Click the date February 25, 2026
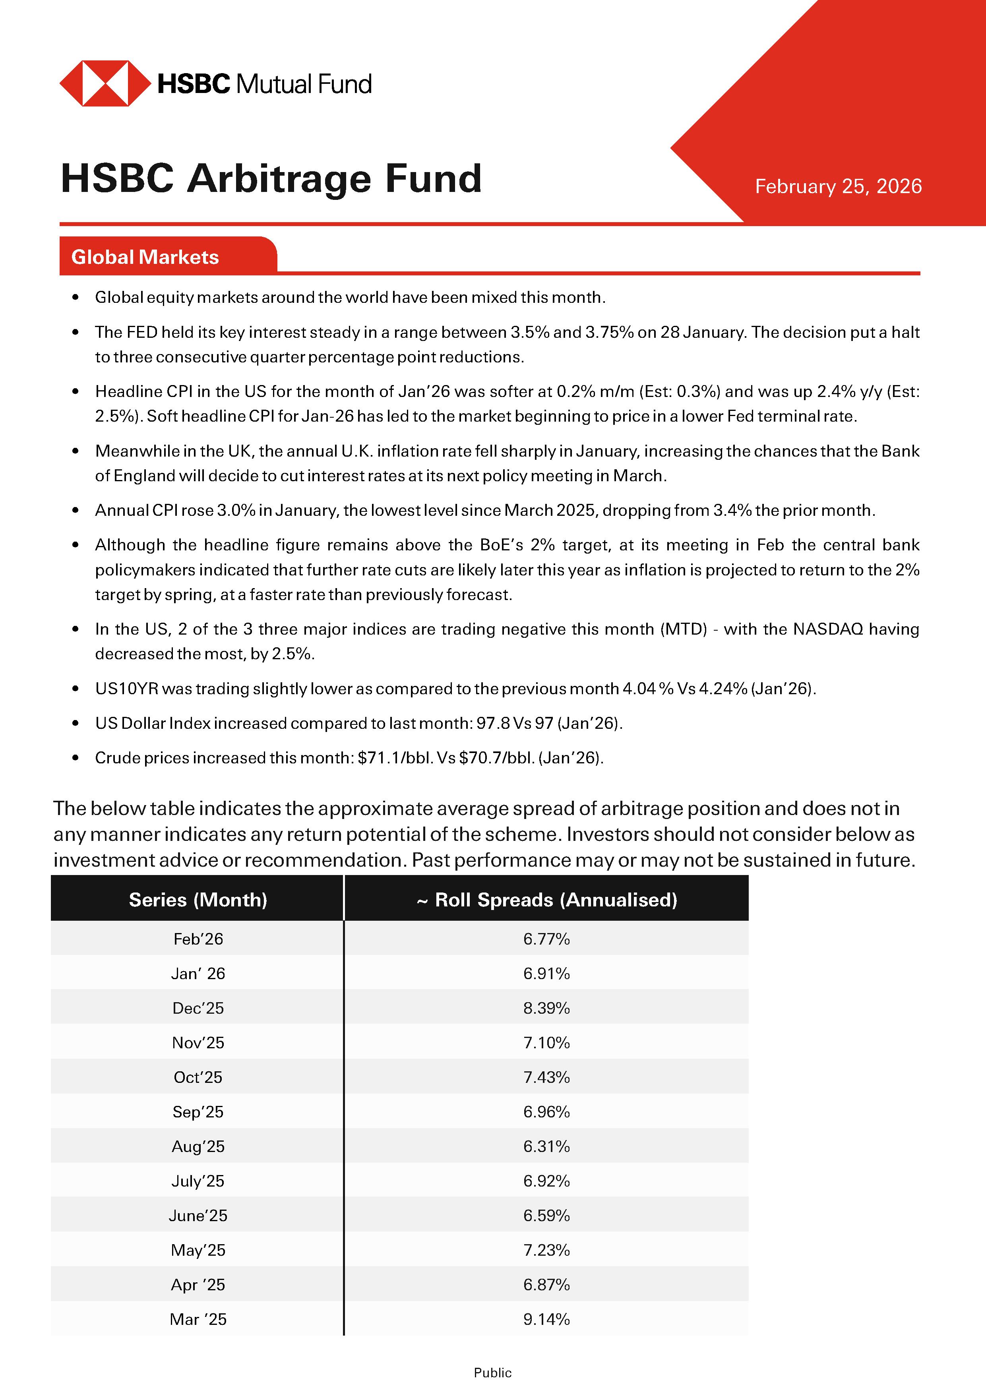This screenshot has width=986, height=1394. [x=838, y=186]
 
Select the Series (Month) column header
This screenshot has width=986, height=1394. [x=198, y=900]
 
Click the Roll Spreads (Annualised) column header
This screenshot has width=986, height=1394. [x=546, y=900]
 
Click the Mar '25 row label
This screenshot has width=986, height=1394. [x=198, y=1319]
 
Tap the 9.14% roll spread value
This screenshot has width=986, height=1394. [x=546, y=1319]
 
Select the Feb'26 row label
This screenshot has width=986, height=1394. [x=198, y=939]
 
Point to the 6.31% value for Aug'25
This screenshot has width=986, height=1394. [x=546, y=1146]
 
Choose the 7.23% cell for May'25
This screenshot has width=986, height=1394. [x=546, y=1250]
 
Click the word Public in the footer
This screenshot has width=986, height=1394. [x=492, y=1373]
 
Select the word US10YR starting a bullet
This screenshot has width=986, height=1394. [x=126, y=689]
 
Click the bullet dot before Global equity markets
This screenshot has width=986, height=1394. [x=75, y=298]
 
